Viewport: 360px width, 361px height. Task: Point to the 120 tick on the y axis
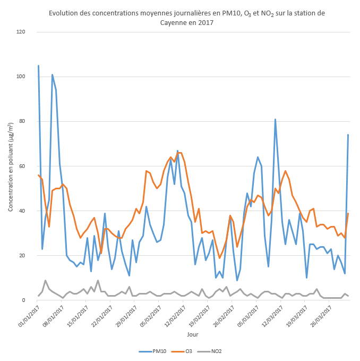(x=21, y=32)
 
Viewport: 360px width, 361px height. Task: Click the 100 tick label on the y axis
(x=21, y=77)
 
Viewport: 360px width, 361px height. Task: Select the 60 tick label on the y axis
(x=22, y=166)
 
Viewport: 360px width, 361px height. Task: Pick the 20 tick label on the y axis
(x=22, y=256)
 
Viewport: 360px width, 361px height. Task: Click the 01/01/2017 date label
(x=27, y=315)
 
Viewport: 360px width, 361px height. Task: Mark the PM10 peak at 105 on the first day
(x=38, y=66)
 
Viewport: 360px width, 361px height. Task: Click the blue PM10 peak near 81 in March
(x=275, y=120)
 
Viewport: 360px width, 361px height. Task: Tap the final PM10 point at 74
(x=348, y=135)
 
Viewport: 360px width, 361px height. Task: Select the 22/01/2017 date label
(x=100, y=315)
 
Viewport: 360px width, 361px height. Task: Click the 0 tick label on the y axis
(x=24, y=300)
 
